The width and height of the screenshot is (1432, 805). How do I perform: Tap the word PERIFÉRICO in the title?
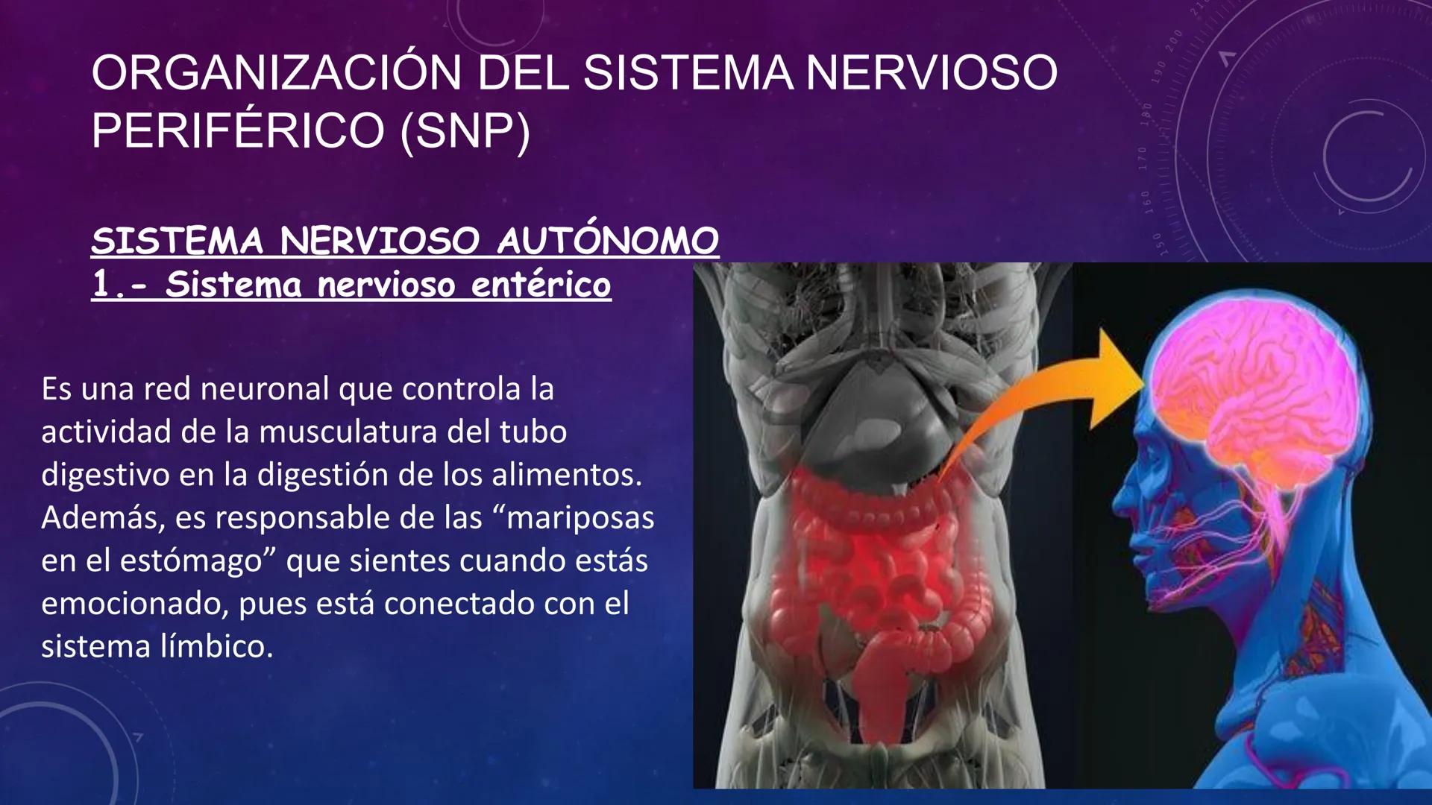pyautogui.click(x=238, y=131)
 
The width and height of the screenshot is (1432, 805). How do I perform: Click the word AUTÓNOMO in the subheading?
pyautogui.click(x=607, y=241)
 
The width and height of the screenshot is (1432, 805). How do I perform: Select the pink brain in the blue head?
pyautogui.click(x=1253, y=388)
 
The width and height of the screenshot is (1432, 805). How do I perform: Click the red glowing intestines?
pyautogui.click(x=865, y=566)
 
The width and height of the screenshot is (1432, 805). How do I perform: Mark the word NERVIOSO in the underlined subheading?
pyautogui.click(x=380, y=241)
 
